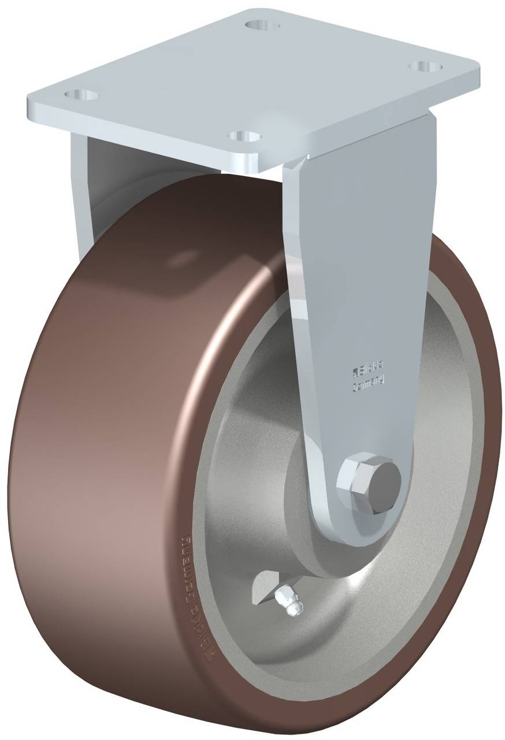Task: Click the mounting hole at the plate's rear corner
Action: tap(262, 25)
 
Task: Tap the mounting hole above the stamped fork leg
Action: tap(425, 66)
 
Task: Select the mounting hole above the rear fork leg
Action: tap(80, 94)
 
